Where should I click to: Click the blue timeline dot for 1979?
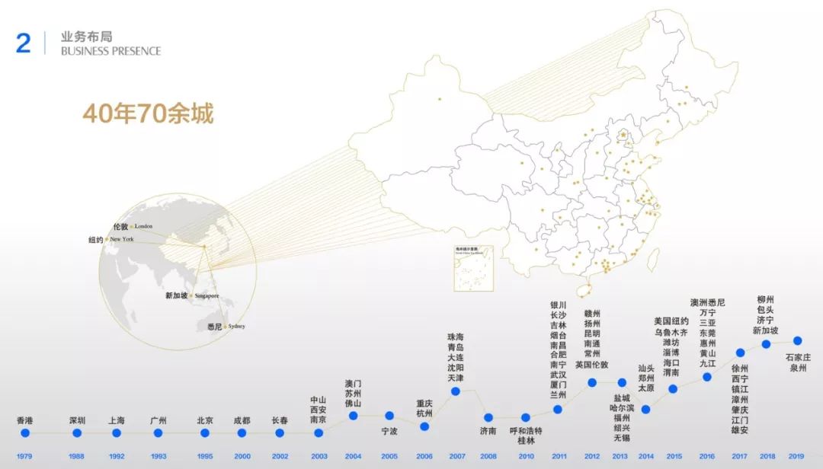25,432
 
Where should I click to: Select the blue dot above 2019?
797,340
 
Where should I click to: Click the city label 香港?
25,420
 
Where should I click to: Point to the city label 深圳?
77,420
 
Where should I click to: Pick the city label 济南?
488,430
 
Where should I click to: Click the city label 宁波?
389,430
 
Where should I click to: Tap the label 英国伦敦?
591,365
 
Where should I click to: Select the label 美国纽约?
671,321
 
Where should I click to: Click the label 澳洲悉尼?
707,302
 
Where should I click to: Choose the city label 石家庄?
798,357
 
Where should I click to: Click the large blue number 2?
24,43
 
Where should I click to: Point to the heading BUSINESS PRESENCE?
111,51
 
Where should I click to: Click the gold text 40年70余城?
148,113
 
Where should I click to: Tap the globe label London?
143,226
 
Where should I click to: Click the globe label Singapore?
207,295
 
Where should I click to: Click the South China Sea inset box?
473,267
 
